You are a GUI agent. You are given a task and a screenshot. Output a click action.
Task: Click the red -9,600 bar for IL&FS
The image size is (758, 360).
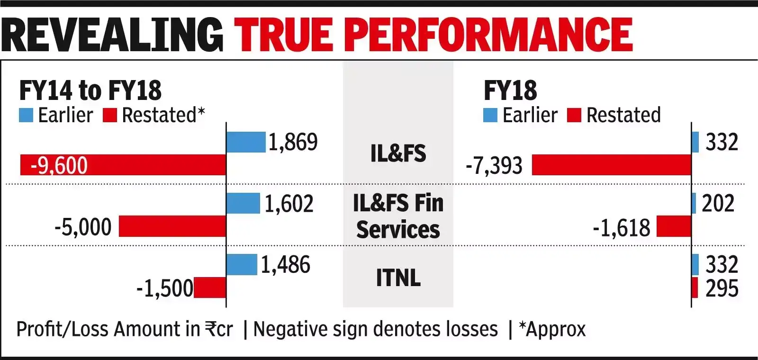point(123,165)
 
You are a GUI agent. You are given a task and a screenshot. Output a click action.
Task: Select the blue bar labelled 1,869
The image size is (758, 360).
point(245,142)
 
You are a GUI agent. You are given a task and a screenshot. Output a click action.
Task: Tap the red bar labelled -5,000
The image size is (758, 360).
point(172,226)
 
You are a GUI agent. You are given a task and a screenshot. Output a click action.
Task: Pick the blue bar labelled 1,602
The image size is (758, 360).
point(243,203)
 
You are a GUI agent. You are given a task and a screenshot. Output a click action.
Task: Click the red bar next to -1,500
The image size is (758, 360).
point(209,288)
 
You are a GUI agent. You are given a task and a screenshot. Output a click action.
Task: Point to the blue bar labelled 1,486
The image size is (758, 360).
point(242,264)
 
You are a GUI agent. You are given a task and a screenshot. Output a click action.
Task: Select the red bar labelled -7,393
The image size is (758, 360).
point(611,165)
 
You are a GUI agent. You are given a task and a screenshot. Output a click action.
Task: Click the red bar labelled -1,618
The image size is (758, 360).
point(674,226)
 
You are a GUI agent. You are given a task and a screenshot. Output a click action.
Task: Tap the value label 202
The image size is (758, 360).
point(718,203)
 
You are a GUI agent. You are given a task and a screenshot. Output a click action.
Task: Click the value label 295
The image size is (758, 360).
point(722,288)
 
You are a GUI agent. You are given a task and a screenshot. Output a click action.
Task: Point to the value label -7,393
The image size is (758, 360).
point(494,166)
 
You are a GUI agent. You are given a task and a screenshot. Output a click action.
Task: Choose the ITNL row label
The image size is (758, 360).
point(398,278)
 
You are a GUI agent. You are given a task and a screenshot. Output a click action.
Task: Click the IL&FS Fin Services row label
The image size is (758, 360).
point(398,216)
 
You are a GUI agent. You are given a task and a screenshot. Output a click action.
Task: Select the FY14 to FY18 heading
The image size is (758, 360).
point(90,90)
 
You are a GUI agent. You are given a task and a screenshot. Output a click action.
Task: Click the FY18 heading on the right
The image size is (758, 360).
point(510,90)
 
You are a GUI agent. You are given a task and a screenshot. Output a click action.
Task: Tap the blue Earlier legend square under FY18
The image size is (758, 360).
point(490,115)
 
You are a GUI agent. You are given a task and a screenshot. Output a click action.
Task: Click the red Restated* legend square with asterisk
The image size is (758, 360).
point(110,115)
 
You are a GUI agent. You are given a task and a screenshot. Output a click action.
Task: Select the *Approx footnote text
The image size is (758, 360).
point(552,329)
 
